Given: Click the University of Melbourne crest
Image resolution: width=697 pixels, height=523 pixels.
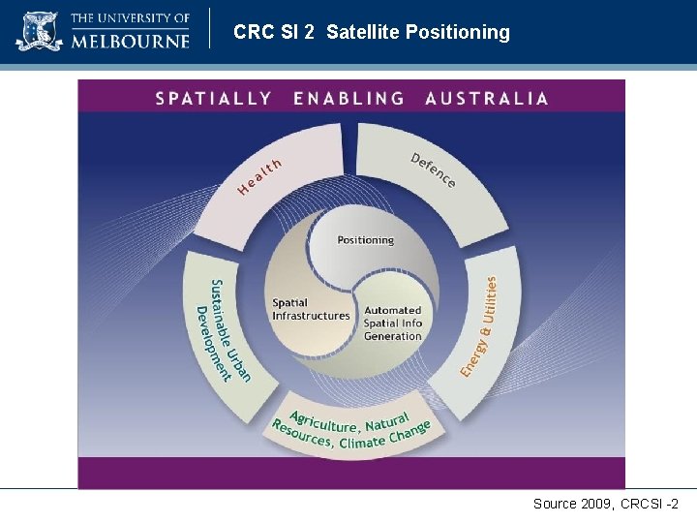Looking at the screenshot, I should pyautogui.click(x=39, y=31).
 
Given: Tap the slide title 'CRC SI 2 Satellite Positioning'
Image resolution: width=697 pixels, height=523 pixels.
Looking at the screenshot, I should pyautogui.click(x=371, y=32).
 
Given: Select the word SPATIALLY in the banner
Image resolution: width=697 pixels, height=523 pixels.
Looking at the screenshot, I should pyautogui.click(x=213, y=98).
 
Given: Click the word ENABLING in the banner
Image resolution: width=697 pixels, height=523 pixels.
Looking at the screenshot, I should pyautogui.click(x=348, y=98).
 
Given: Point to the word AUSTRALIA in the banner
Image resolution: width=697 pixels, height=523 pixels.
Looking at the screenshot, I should pyautogui.click(x=486, y=98).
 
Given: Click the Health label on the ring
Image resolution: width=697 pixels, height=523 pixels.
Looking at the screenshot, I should pyautogui.click(x=259, y=176).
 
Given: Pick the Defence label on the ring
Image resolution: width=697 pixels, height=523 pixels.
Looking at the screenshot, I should pyautogui.click(x=433, y=169).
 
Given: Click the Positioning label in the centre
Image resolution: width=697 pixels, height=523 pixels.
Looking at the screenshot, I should pyautogui.click(x=365, y=239).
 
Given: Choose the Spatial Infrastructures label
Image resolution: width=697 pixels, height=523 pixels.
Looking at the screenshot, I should pyautogui.click(x=311, y=309).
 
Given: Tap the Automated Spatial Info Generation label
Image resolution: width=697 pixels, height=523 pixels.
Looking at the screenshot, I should pyautogui.click(x=392, y=323).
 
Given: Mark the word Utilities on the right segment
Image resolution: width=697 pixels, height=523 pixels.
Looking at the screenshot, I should pyautogui.click(x=491, y=299).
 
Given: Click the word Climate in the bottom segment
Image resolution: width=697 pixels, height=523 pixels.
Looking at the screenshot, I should pyautogui.click(x=362, y=442).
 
